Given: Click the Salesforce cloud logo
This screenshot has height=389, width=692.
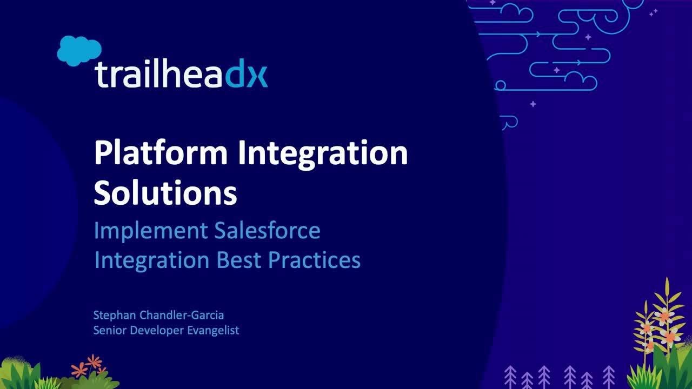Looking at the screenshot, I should click(x=79, y=50).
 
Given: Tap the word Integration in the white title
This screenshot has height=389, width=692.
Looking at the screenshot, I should click(x=322, y=153).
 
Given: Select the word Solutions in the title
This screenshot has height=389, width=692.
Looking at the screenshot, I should click(x=165, y=193).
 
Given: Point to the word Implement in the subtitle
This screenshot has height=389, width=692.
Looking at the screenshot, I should click(x=150, y=231).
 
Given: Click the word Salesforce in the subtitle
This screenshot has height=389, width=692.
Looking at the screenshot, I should click(x=267, y=231).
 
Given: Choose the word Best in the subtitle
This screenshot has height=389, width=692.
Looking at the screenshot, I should click(x=239, y=260).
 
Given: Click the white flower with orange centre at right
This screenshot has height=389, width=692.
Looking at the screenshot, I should click(x=662, y=316).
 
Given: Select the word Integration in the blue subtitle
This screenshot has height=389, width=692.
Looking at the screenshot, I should click(x=153, y=260).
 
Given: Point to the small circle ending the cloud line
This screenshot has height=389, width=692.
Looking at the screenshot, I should click(x=500, y=85).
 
